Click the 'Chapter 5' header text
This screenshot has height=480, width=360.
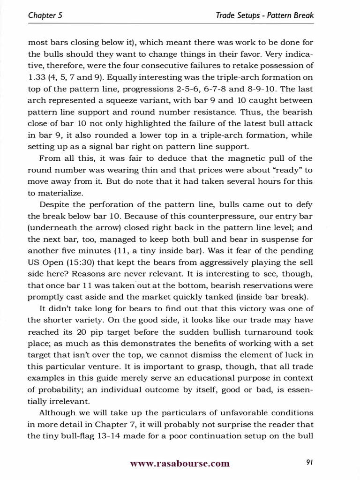(x=45, y=15)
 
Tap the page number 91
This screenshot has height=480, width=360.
(x=309, y=463)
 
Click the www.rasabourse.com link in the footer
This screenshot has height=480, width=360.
(x=180, y=464)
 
